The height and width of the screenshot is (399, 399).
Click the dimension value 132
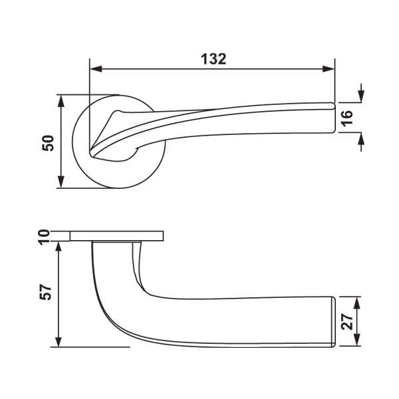[x=213, y=59]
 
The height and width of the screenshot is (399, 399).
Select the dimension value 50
[x=48, y=143]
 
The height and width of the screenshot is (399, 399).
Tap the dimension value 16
[x=347, y=118]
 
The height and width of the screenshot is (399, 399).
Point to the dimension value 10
[x=44, y=236]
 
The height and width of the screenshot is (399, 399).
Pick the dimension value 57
[x=45, y=292]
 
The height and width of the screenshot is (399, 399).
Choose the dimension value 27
[x=347, y=322]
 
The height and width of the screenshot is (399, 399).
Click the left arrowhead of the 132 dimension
[x=96, y=68]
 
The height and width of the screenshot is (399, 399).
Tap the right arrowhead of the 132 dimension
[x=329, y=68]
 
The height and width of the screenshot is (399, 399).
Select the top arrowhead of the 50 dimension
[x=61, y=101]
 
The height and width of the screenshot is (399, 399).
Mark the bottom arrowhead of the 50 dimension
[x=61, y=182]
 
